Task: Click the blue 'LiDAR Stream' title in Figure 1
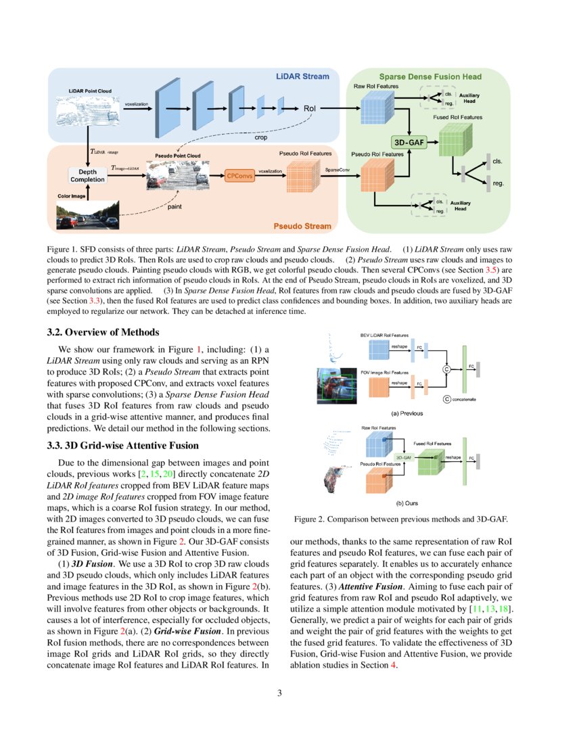point(302,76)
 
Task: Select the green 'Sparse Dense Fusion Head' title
point(430,77)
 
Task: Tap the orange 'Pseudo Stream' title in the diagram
point(302,226)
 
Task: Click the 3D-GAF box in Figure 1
point(408,143)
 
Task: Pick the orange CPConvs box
point(240,175)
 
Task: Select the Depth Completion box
point(87,175)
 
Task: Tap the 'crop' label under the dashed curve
point(260,137)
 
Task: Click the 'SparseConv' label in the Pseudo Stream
point(337,170)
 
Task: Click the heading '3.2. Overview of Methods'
point(103,332)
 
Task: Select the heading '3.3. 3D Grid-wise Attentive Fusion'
point(123,445)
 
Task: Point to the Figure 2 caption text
point(400,519)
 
